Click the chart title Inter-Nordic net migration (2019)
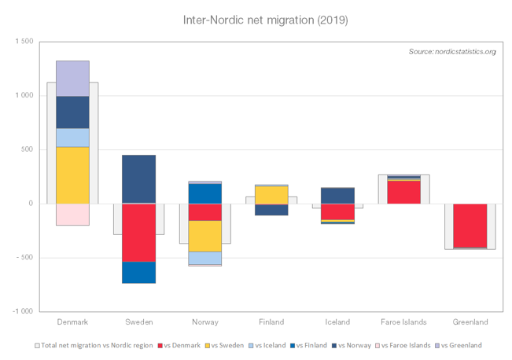coord(256,18)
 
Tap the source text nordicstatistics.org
coord(451,52)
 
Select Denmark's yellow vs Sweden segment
coord(72,174)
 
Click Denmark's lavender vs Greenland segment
coord(72,78)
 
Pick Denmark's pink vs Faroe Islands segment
coord(72,215)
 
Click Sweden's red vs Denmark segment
coord(138,233)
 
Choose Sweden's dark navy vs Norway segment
coord(138,178)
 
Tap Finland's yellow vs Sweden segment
coord(271,195)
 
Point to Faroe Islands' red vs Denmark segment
coord(403,192)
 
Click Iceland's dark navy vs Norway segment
coord(337,195)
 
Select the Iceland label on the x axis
coord(337,322)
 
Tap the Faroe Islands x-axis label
coord(403,322)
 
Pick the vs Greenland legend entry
coord(460,345)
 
